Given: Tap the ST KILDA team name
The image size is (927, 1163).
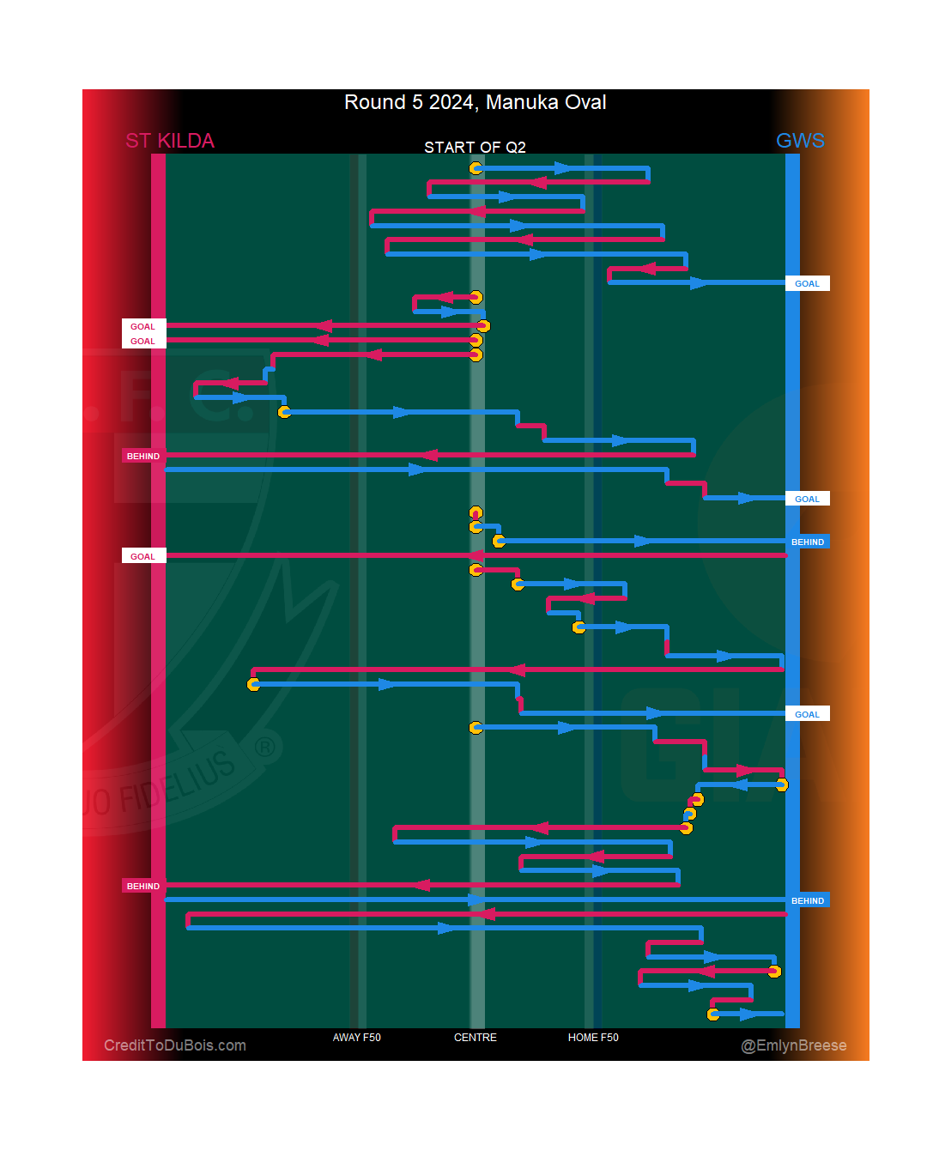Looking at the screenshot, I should [x=170, y=141].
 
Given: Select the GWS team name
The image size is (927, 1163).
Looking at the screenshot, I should [x=800, y=141].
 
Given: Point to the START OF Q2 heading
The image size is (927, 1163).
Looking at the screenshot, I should [x=475, y=148].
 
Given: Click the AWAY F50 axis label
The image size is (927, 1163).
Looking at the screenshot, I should [x=357, y=1038].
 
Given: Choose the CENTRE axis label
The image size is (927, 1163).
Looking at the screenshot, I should [x=476, y=1038].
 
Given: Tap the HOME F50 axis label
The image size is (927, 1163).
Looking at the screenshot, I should [x=593, y=1038].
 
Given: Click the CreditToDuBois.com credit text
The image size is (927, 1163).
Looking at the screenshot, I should [x=175, y=1045].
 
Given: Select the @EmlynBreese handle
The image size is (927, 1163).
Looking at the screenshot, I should [x=794, y=1045].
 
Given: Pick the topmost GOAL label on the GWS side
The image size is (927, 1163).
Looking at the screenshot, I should [x=807, y=284].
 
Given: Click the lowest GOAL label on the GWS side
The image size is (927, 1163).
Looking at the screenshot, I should [x=807, y=714].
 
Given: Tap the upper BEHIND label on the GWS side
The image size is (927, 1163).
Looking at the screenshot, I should [x=808, y=542].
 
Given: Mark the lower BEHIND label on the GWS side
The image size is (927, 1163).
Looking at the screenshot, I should [x=808, y=901].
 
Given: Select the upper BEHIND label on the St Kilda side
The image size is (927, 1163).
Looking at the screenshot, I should [x=143, y=457].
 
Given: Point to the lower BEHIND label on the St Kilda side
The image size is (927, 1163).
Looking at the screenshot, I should [x=143, y=887].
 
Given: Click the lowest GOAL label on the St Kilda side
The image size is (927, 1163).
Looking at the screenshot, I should [x=142, y=557].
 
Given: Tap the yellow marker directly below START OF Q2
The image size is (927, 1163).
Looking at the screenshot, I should [x=476, y=168].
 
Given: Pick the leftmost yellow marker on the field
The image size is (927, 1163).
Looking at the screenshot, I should [x=253, y=684].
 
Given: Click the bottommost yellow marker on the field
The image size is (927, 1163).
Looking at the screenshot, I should [x=713, y=1015].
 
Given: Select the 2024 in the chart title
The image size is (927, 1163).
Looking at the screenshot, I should [x=451, y=102].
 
